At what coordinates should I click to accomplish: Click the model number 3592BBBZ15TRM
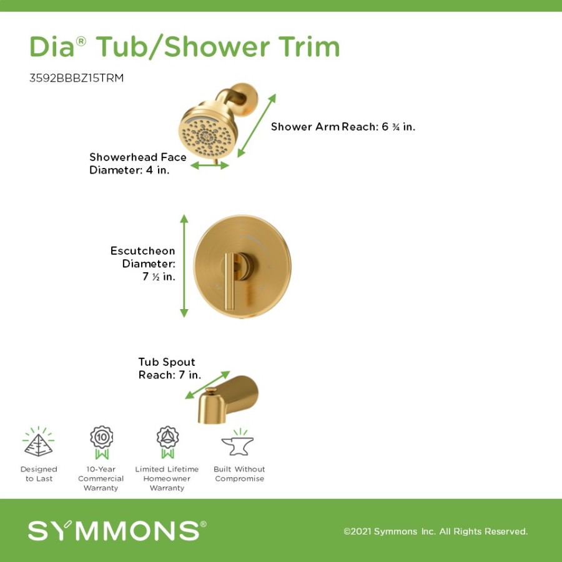click(x=76, y=79)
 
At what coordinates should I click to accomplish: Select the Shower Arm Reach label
click(x=343, y=127)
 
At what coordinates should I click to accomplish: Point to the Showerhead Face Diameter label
click(x=137, y=164)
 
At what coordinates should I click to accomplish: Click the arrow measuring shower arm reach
click(x=257, y=125)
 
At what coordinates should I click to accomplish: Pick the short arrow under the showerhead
click(x=210, y=165)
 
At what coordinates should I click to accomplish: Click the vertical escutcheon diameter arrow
click(x=184, y=265)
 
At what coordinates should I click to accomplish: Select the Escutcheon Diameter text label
click(x=144, y=264)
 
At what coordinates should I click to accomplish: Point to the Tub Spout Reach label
click(x=169, y=368)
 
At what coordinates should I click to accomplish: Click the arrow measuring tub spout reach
click(x=208, y=385)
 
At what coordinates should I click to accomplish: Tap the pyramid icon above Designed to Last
click(x=38, y=442)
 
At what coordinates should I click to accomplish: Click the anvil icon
click(x=237, y=443)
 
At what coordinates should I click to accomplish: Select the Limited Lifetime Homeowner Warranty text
click(x=167, y=478)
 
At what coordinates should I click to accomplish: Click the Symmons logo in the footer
click(x=117, y=531)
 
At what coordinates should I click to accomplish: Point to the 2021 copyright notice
click(x=435, y=531)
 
